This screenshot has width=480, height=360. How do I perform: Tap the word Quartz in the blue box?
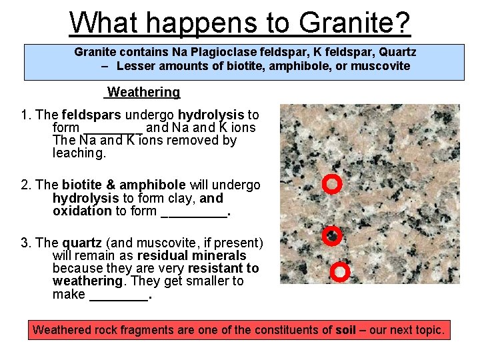(397, 51)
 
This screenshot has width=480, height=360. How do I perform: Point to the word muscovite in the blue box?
(378, 66)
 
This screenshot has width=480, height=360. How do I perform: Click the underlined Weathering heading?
(143, 92)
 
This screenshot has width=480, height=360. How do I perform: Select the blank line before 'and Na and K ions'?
(112, 128)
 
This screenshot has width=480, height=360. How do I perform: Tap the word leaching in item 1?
(78, 153)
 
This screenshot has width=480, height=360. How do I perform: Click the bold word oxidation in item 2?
(82, 211)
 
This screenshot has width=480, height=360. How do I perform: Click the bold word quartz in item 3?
(82, 243)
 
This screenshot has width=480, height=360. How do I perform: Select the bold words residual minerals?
(191, 255)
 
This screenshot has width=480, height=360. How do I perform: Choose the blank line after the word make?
(119, 295)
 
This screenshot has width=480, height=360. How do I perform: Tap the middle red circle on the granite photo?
(331, 235)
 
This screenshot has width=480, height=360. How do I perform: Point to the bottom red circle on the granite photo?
(340, 271)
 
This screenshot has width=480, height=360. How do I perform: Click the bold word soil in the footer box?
(345, 329)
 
